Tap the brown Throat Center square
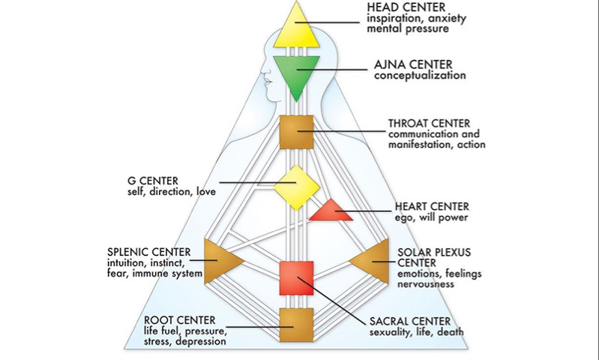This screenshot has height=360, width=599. pyautogui.click(x=297, y=133)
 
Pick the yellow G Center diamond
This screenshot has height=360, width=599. pyautogui.click(x=297, y=187)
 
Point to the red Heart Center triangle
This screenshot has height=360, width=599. pyautogui.click(x=331, y=212)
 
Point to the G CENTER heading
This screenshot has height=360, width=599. pyautogui.click(x=155, y=181)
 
